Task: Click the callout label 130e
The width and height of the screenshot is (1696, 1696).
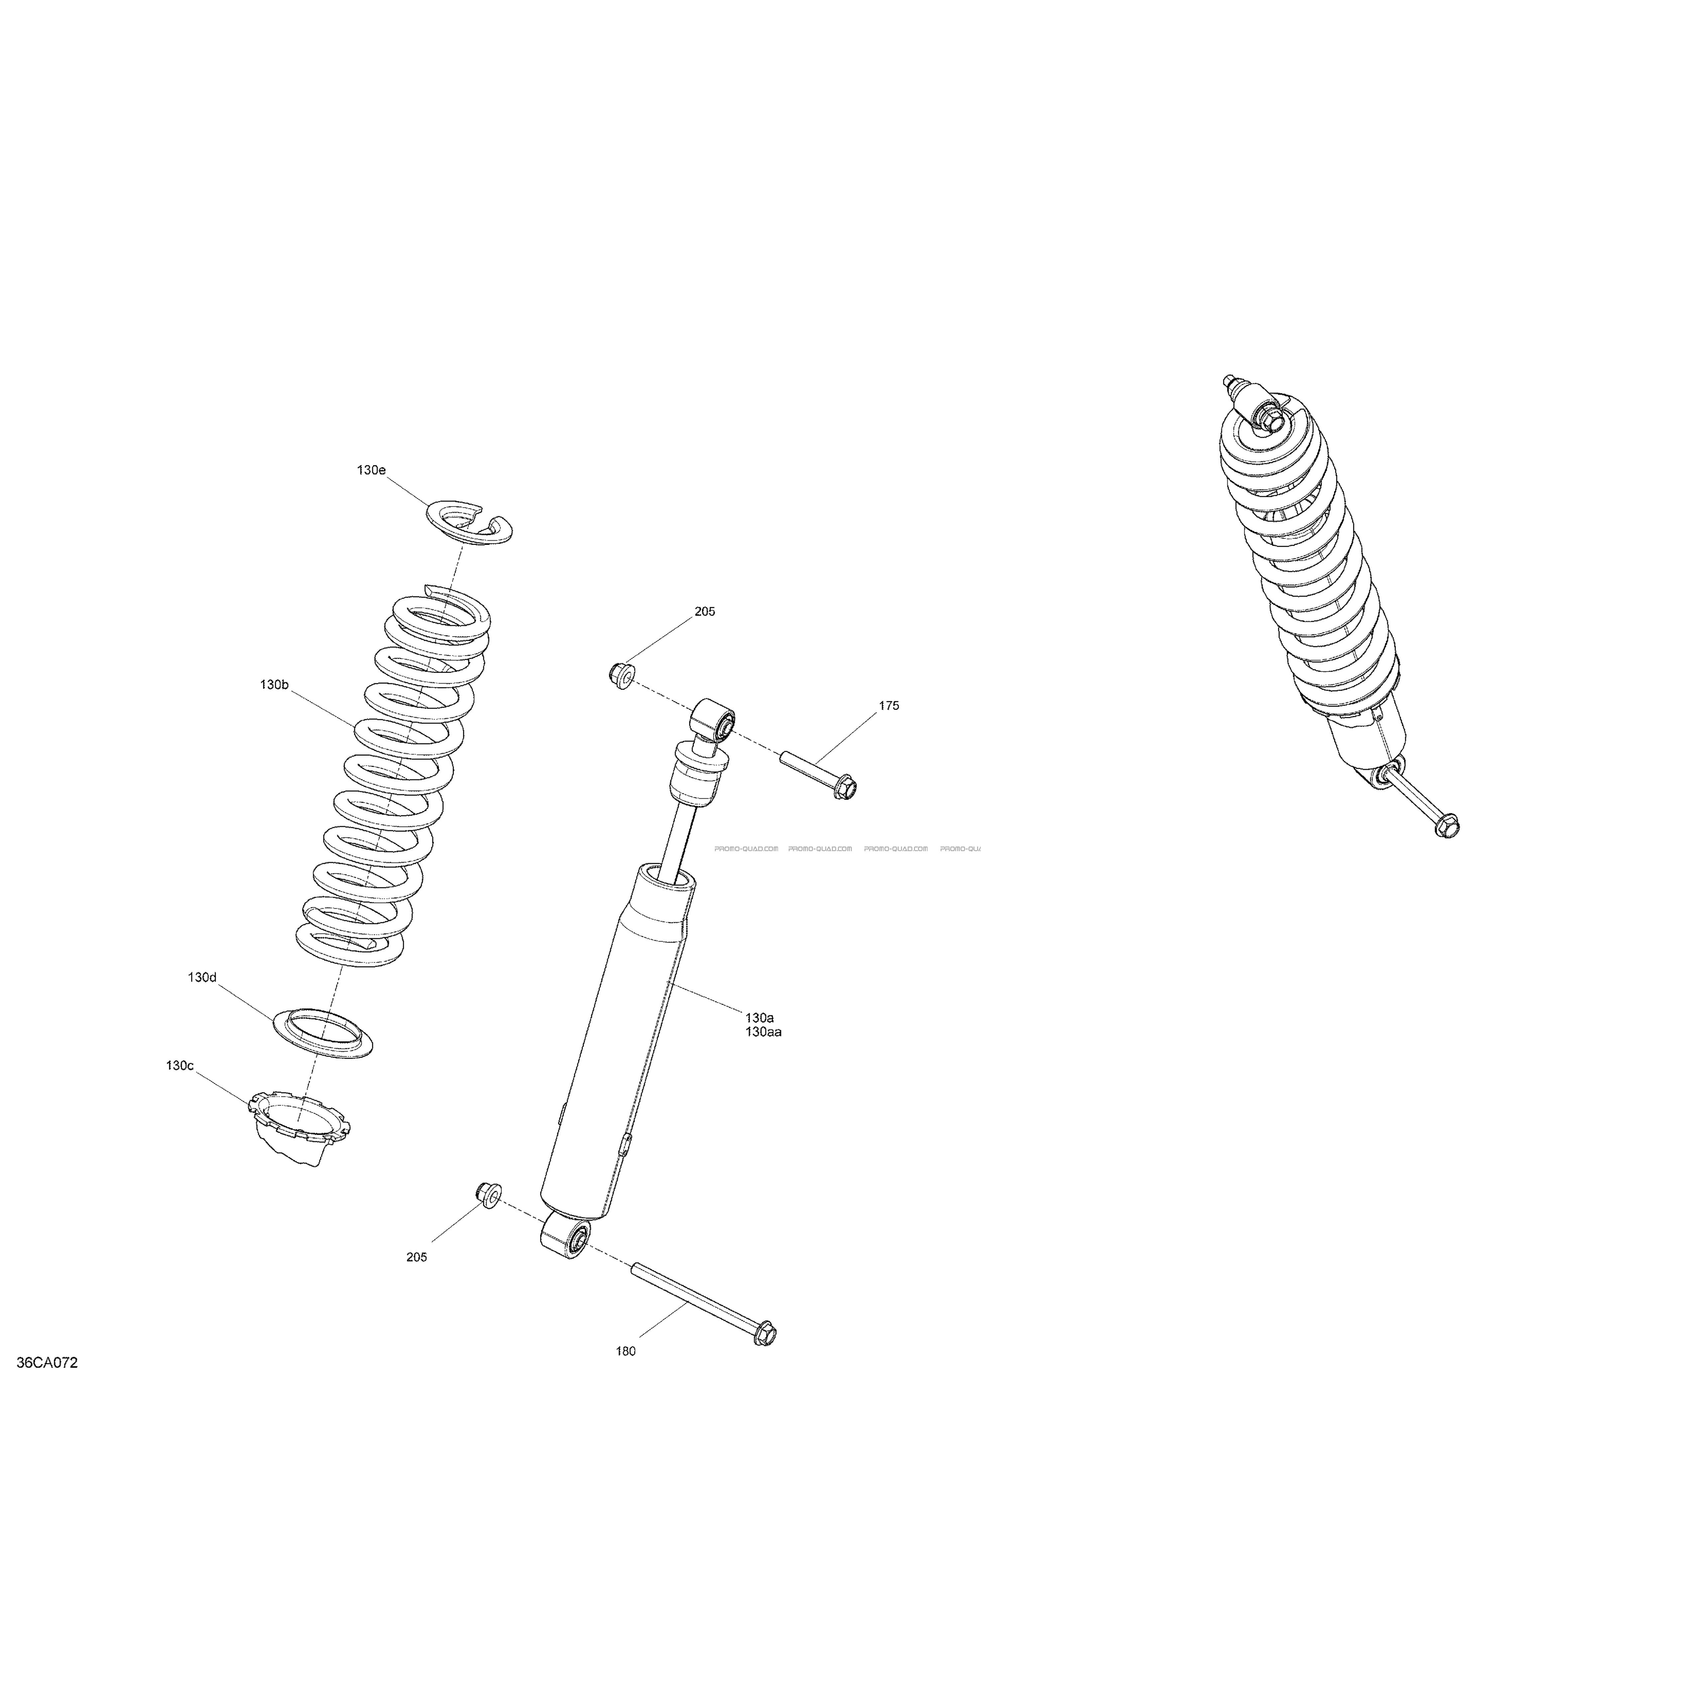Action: tap(371, 471)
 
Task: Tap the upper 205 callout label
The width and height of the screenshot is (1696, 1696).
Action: tap(705, 612)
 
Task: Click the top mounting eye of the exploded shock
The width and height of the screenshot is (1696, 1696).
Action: tap(714, 720)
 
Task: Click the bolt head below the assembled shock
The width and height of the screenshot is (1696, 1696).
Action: tap(1447, 826)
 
